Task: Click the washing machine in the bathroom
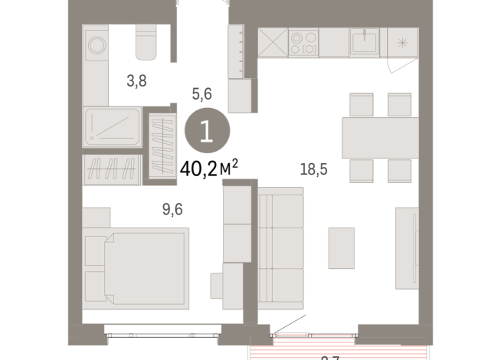click(96, 44)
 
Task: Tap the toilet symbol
click(146, 43)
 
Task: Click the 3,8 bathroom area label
click(136, 80)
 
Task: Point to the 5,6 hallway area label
click(201, 94)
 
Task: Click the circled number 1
click(206, 133)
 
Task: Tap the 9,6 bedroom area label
click(152, 207)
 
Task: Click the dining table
click(379, 137)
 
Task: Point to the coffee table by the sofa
click(341, 247)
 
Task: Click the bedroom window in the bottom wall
click(162, 332)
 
